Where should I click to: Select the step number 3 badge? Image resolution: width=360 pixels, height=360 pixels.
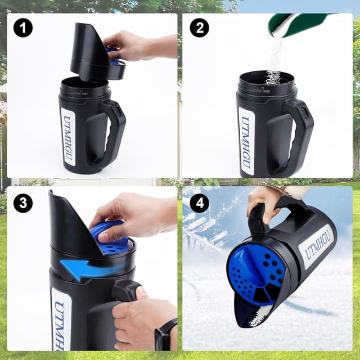[x=23, y=202]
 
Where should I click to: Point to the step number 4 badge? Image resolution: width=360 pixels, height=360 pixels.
[x=199, y=202]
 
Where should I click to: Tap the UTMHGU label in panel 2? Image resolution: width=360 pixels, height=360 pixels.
[x=246, y=140]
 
